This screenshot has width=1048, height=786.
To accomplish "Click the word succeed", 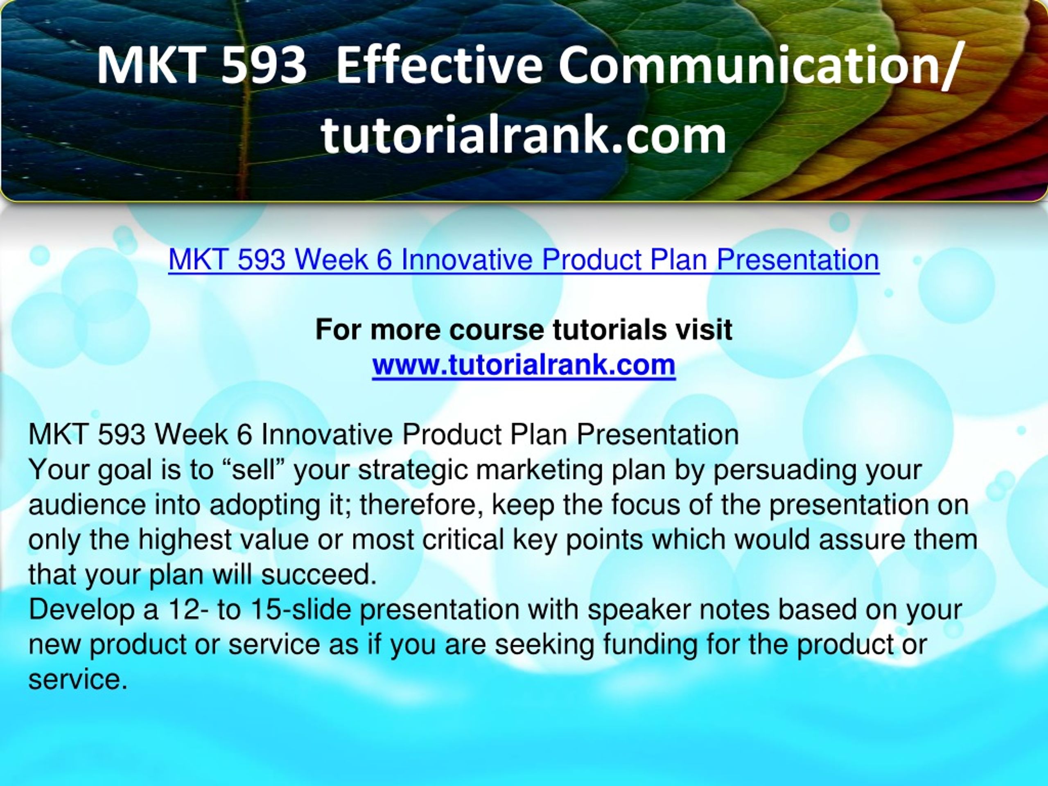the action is coord(318,575).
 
